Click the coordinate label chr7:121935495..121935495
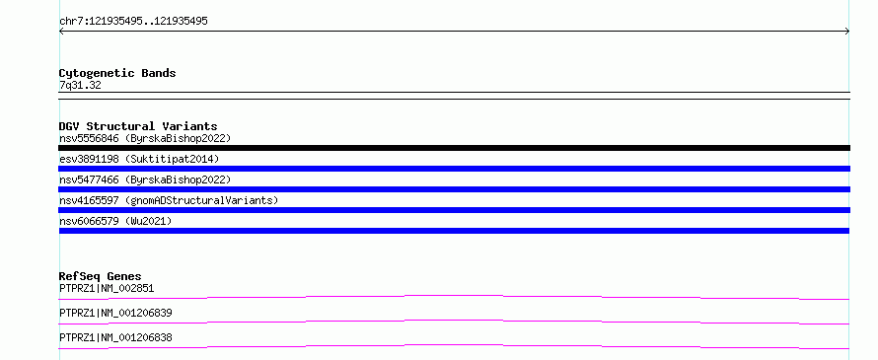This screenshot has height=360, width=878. click(133, 22)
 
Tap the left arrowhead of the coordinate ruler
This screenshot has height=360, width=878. click(60, 32)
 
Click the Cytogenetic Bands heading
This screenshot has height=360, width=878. click(117, 73)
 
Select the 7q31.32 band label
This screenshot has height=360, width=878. click(80, 86)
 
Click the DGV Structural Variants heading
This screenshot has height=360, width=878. click(138, 126)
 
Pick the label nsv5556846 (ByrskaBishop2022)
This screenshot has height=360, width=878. click(145, 138)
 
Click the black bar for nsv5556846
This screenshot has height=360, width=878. click(454, 148)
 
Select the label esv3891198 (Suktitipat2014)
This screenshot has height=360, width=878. click(139, 159)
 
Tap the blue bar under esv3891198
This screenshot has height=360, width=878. click(454, 169)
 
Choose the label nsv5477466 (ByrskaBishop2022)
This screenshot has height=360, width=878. click(145, 180)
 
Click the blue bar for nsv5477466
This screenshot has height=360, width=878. click(454, 189)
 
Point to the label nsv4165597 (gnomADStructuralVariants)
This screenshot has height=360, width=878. click(169, 200)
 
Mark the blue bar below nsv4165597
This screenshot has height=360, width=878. click(454, 210)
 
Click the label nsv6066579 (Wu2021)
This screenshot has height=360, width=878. click(115, 221)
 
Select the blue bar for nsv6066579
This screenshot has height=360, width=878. click(454, 231)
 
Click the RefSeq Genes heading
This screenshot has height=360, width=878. click(101, 276)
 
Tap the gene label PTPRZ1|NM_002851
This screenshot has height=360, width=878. click(107, 289)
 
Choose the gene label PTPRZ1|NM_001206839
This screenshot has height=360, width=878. click(115, 314)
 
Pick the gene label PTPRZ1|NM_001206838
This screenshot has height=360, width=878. click(115, 338)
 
